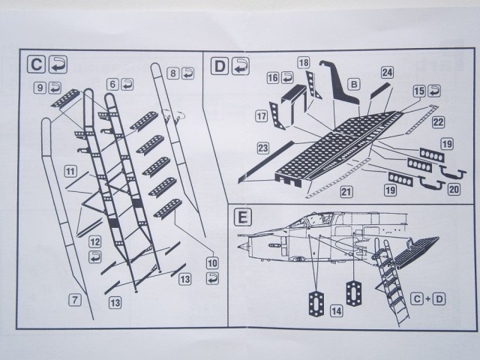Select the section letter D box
[220, 66]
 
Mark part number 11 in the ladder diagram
[70, 172]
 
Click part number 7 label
[73, 299]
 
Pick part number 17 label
[262, 116]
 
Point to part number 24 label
[387, 73]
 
